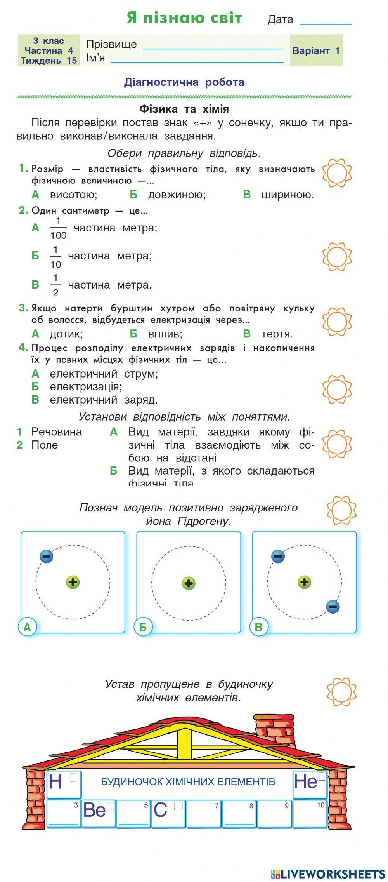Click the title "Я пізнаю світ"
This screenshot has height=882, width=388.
184,18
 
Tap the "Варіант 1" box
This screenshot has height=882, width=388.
316,50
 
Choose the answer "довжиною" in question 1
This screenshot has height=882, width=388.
177,195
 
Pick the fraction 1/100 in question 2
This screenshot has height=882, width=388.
58,228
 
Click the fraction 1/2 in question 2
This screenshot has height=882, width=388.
55,285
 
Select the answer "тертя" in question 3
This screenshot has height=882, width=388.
277,334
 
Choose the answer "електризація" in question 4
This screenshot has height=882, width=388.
85,387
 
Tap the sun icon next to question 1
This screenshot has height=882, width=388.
336,172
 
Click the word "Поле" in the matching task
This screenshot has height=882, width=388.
44,445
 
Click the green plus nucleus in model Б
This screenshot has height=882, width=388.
189,583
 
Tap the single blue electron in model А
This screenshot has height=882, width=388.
46,556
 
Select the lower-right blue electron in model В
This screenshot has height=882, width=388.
333,606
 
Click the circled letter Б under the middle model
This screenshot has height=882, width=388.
143,627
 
